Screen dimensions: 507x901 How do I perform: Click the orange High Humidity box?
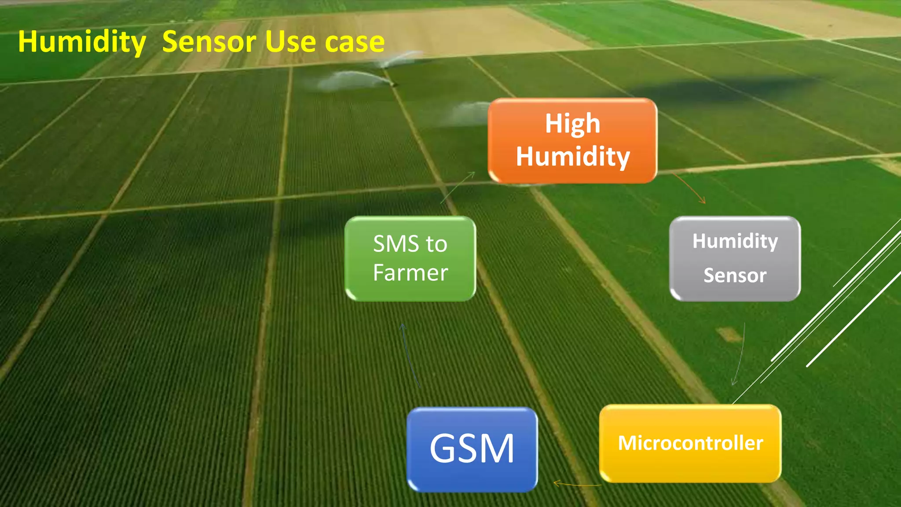tap(572, 141)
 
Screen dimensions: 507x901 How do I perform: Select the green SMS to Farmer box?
tap(410, 259)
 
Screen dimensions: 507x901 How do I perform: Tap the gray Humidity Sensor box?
tap(735, 259)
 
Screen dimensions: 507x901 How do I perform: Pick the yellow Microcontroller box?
tap(690, 444)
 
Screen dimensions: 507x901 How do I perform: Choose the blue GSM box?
tap(472, 449)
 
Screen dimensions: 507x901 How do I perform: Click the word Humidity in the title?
tap(82, 42)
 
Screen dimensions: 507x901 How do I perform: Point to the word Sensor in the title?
tap(209, 42)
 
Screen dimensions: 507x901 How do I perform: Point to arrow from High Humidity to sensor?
tap(689, 187)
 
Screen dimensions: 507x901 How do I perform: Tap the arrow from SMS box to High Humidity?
tap(458, 187)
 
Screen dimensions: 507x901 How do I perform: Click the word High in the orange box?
tap(572, 124)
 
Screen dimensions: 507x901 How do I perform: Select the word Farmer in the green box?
tap(410, 273)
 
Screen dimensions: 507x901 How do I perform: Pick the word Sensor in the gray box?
tap(735, 276)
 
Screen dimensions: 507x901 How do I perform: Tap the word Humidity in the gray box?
tap(735, 241)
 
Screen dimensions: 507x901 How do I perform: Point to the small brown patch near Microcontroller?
tap(729, 334)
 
